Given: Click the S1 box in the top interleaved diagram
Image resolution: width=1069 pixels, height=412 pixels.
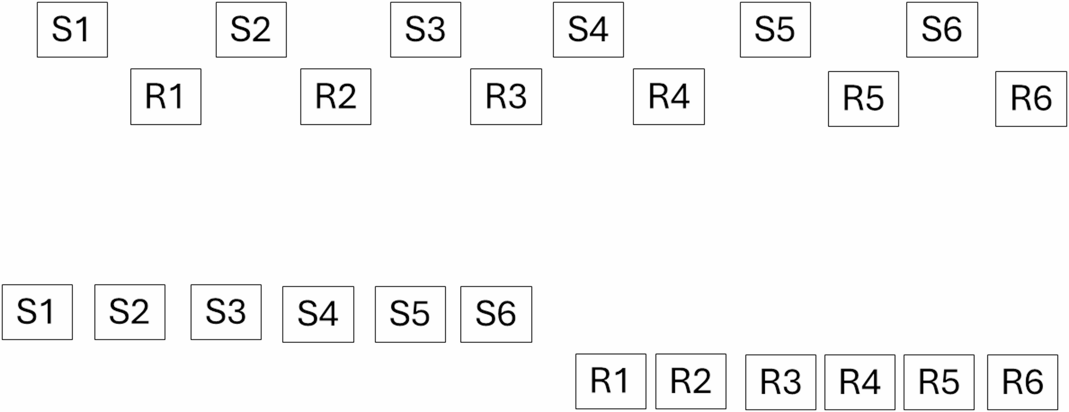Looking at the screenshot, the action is click(72, 30).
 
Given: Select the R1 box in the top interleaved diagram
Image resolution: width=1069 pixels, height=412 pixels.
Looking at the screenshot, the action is click(166, 97).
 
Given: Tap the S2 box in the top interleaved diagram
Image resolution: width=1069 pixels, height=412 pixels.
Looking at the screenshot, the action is click(251, 30).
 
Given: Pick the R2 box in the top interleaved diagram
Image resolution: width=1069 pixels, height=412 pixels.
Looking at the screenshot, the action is click(336, 97).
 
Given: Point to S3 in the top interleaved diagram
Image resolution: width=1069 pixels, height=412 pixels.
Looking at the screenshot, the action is click(426, 30).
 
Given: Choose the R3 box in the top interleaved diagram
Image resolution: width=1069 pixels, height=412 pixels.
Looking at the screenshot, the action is click(506, 97).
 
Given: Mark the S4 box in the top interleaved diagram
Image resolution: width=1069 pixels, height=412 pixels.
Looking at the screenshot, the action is click(588, 30).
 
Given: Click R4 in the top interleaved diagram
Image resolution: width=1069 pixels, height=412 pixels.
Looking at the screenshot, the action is click(669, 97).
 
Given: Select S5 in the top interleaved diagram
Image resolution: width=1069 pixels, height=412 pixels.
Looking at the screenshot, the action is click(775, 30).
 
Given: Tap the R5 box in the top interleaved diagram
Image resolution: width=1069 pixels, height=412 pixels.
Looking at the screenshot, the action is click(863, 99).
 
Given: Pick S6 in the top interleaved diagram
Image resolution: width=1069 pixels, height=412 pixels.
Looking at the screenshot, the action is click(942, 30).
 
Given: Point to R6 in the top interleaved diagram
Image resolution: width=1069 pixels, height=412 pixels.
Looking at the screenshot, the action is click(1031, 99).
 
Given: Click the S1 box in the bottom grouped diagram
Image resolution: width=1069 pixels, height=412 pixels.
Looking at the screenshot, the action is click(37, 312).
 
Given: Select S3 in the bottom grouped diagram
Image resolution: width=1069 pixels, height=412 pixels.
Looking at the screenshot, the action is click(226, 312).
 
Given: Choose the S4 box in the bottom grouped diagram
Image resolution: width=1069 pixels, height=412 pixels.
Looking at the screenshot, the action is click(318, 314).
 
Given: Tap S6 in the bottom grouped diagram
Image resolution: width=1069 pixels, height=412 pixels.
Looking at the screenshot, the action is click(496, 314).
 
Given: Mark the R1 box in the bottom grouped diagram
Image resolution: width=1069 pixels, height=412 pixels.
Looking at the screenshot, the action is click(611, 381).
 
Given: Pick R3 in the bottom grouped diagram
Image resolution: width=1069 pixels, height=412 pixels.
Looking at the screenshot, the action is click(781, 382).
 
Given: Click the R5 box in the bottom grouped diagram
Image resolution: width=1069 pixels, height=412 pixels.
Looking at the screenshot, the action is click(939, 382).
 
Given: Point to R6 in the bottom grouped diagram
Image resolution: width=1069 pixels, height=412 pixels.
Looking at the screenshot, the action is click(1023, 382).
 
